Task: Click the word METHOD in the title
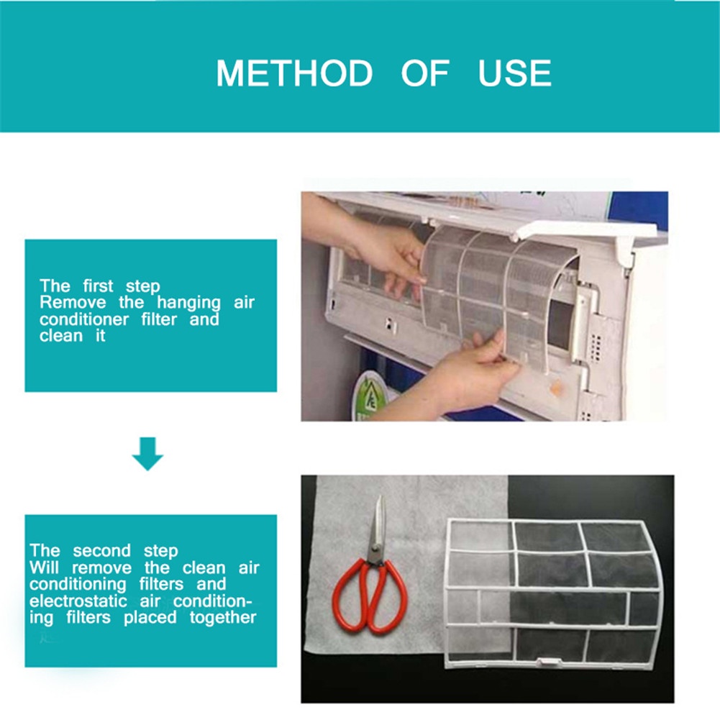point(294,73)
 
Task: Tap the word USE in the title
point(514,73)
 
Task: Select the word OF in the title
point(425,73)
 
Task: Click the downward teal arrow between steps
point(147,454)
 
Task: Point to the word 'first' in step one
point(98,286)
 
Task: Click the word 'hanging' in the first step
point(188,303)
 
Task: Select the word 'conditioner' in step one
point(84,319)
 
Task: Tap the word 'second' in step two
point(102,550)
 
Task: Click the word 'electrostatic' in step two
point(78,601)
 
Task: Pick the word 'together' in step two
point(223,618)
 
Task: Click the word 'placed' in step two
point(150,618)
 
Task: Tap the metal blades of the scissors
point(378,527)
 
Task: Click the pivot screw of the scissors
point(376,548)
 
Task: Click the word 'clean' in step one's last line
point(61,336)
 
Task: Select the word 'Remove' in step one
point(73,303)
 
